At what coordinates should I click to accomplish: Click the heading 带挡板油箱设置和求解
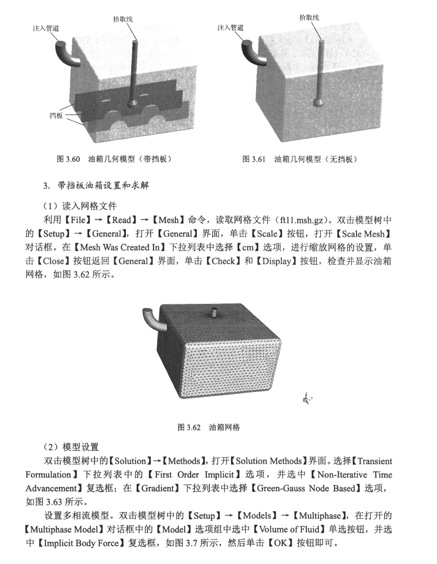pos(101,185)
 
